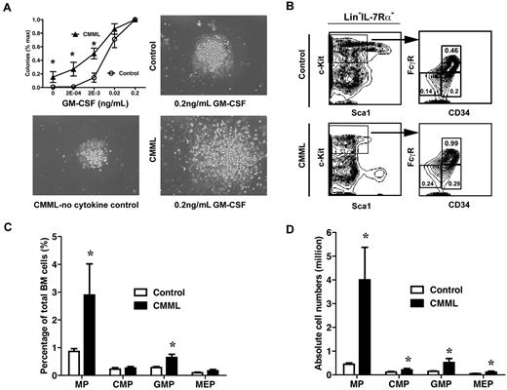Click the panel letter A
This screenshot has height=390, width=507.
click(7, 8)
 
